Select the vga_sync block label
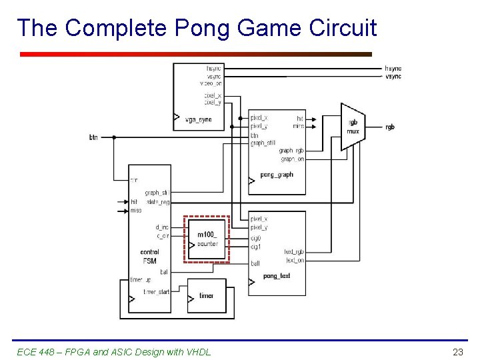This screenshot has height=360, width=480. pos(197,119)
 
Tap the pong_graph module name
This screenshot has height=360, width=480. pos(276,175)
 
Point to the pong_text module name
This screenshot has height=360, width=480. pos(276,276)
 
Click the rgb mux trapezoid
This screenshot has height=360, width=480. pos(353,127)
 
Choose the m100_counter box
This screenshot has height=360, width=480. pos(207,239)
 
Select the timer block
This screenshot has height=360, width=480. pos(207,295)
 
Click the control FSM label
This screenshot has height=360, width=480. pos(149,257)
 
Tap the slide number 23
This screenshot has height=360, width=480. pos(457,351)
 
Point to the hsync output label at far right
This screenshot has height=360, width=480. pos(393,69)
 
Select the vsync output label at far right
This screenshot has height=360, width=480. pos(393,77)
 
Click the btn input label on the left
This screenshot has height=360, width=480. pos(93,137)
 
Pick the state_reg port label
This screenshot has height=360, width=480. pos(157,202)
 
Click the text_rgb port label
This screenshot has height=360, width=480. pos(293,252)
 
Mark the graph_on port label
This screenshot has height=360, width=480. pos(292,159)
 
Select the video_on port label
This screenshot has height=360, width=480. pos(211,84)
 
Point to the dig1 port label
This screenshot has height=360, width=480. pos(256,247)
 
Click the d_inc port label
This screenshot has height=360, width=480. pos(162,227)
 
